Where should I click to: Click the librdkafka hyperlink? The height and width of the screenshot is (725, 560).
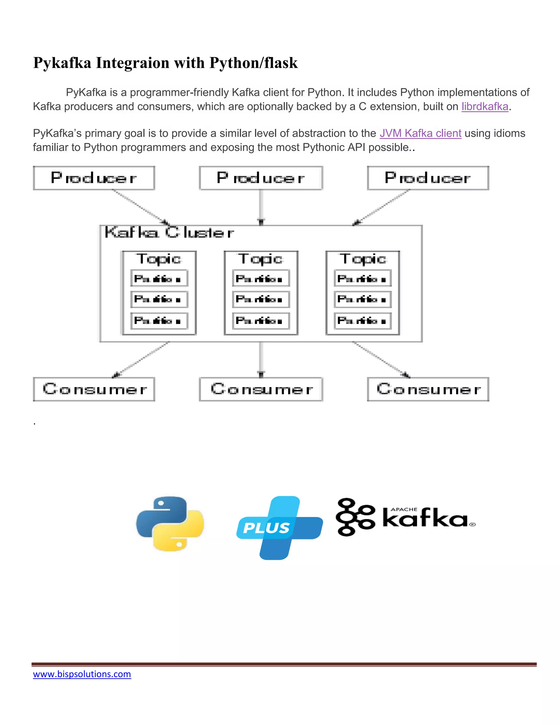[485, 106]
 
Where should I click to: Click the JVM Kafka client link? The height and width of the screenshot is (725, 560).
[420, 134]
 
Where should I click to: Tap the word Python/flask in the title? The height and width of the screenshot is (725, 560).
[253, 63]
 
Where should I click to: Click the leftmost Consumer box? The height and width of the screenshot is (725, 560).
[94, 389]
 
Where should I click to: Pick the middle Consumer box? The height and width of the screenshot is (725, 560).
[261, 389]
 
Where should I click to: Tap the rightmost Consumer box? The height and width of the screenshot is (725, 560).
[428, 389]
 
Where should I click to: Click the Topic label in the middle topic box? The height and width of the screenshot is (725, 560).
[261, 259]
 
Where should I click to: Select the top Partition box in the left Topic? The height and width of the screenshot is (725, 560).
[159, 279]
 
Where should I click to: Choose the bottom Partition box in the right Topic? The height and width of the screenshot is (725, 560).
[363, 321]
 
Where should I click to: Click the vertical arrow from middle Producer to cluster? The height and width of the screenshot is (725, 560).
[261, 206]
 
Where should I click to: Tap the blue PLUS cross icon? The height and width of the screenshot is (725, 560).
[279, 527]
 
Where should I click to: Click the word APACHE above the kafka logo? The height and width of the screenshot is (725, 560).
[404, 509]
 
